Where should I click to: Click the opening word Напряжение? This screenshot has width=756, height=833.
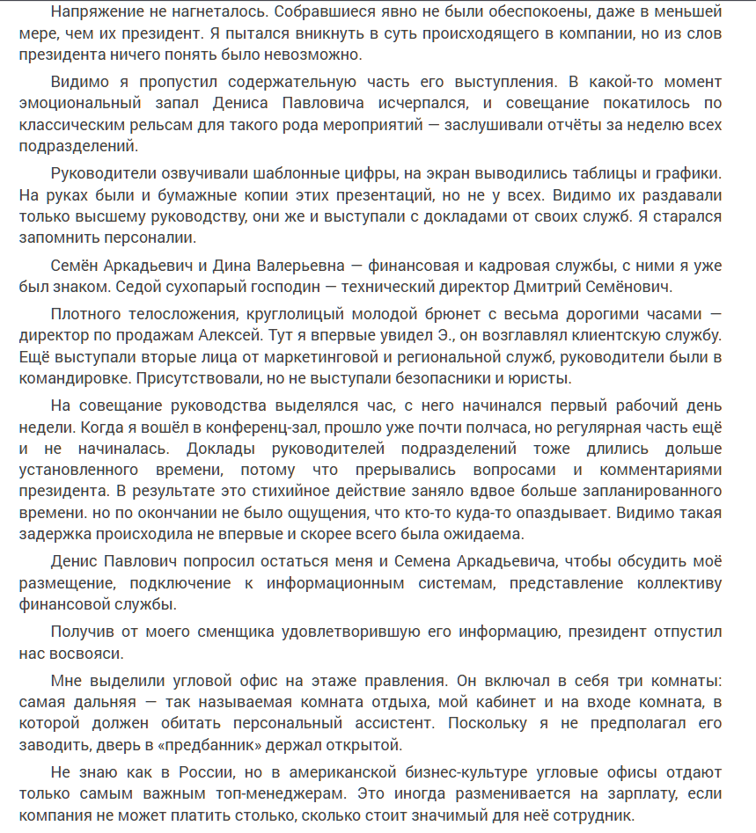tap(98, 12)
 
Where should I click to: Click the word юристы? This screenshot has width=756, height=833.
tap(541, 378)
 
